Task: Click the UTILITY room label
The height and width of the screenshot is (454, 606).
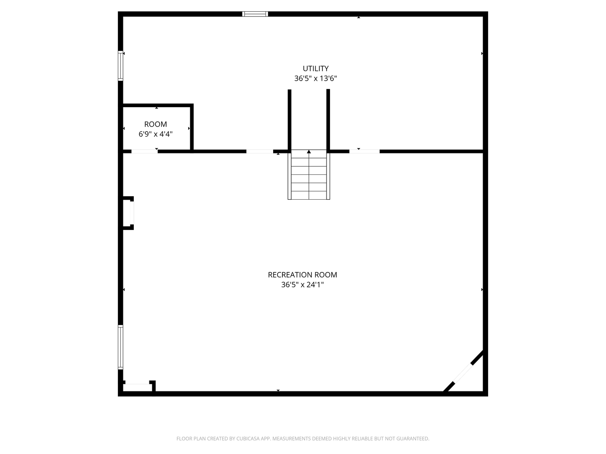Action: pyautogui.click(x=316, y=69)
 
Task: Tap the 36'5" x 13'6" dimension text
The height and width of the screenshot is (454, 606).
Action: pyautogui.click(x=316, y=79)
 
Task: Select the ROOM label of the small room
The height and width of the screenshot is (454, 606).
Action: pyautogui.click(x=155, y=124)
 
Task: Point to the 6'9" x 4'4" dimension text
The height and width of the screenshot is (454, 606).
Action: pyautogui.click(x=155, y=134)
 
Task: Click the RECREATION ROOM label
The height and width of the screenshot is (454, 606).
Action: pyautogui.click(x=302, y=275)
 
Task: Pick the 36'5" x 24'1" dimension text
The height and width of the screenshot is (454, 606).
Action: pyautogui.click(x=302, y=285)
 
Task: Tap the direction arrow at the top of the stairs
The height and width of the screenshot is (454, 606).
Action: pyautogui.click(x=309, y=152)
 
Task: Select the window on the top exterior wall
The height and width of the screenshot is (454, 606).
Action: pyautogui.click(x=255, y=14)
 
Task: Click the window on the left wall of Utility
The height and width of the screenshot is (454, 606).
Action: pyautogui.click(x=120, y=66)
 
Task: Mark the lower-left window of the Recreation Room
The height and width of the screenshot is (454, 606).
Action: pyautogui.click(x=120, y=347)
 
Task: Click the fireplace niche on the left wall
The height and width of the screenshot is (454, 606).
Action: pyautogui.click(x=128, y=213)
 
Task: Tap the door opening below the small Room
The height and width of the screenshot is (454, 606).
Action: pyautogui.click(x=144, y=151)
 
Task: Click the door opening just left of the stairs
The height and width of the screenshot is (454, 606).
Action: pyautogui.click(x=260, y=151)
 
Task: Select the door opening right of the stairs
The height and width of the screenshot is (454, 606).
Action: pyautogui.click(x=364, y=151)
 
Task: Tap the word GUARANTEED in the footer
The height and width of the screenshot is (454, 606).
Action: pyautogui.click(x=412, y=439)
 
